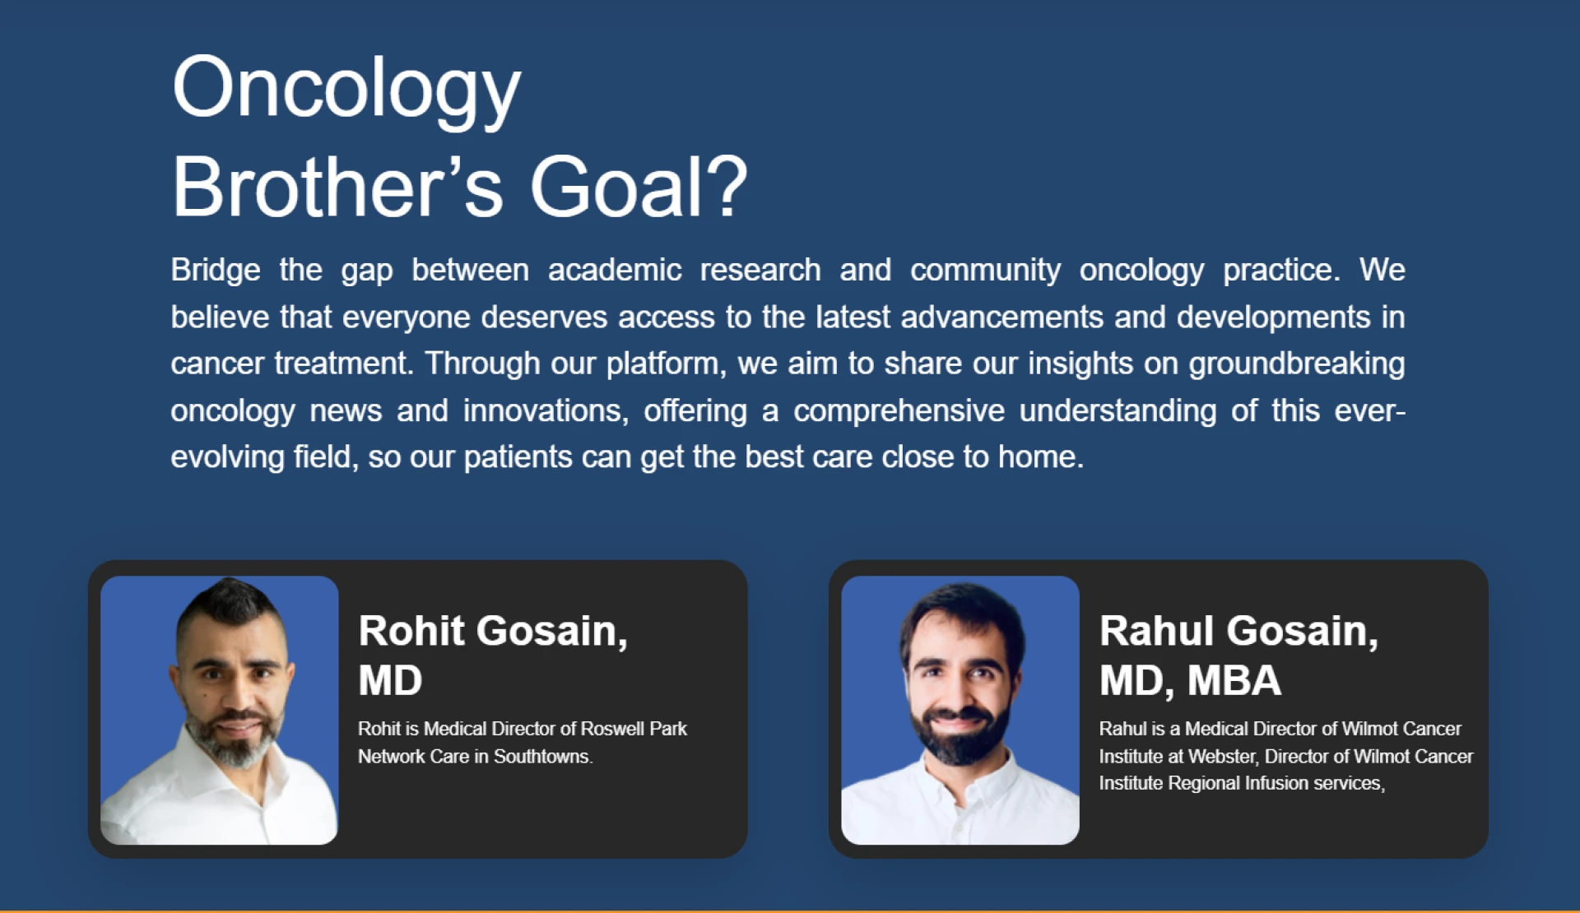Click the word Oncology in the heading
tap(346, 89)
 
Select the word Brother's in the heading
tap(337, 188)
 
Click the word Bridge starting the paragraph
tap(216, 270)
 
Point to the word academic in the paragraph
tap(615, 270)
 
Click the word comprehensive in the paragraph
tap(899, 410)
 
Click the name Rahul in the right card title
tap(1156, 631)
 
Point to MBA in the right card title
tap(1234, 680)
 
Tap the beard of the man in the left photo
tap(235, 744)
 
